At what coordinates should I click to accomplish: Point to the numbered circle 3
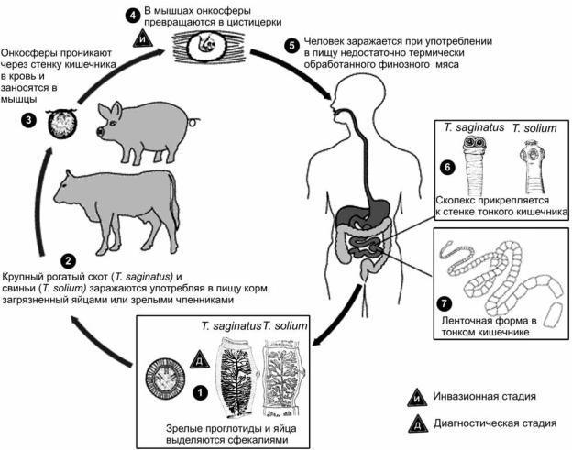coord(28,120)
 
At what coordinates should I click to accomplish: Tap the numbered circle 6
coord(446,169)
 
